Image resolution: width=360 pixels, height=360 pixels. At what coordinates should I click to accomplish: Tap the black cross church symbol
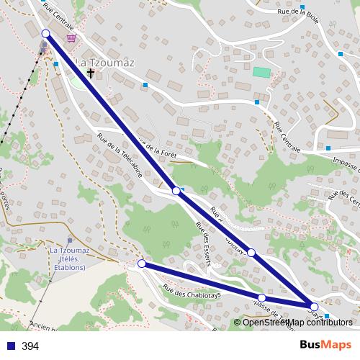(91, 73)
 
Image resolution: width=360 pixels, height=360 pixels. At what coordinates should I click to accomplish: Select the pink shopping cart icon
(71, 38)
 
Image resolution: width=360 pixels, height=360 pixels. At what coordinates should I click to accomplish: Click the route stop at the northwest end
(46, 34)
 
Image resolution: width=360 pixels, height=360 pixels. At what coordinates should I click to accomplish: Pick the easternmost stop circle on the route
(314, 307)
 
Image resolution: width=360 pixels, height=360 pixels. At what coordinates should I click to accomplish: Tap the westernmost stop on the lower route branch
(142, 264)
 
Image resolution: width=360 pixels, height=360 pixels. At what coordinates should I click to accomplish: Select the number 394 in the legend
(30, 346)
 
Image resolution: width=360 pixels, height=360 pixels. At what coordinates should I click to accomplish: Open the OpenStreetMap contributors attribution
(297, 322)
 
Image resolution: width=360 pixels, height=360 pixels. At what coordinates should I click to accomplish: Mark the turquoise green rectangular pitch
(261, 73)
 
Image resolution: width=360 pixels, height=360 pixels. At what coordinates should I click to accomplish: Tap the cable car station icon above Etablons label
(69, 241)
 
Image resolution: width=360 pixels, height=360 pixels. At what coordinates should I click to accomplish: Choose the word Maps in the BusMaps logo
(337, 345)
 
